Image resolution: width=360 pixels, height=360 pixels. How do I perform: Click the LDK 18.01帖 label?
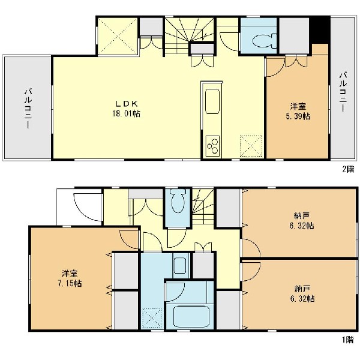[126, 109]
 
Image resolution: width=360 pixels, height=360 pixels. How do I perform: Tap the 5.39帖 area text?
[298, 116]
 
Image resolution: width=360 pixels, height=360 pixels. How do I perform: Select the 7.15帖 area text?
[70, 284]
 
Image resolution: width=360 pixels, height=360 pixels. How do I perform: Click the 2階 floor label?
[348, 169]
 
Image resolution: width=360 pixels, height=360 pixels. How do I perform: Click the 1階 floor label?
[348, 340]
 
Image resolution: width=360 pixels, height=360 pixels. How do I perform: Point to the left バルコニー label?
[28, 108]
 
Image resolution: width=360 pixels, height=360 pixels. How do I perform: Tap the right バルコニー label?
[343, 92]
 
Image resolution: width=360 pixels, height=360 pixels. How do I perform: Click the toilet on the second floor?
[265, 41]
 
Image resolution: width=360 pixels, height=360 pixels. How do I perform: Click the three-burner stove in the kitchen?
[213, 146]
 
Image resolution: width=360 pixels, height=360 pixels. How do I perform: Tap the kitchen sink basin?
[212, 101]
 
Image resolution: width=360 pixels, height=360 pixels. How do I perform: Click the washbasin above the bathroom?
[180, 266]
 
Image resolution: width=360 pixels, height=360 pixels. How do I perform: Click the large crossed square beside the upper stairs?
[118, 36]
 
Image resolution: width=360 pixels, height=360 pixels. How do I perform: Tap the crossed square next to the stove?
[251, 146]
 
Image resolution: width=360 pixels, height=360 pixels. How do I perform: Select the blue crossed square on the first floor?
[152, 319]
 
